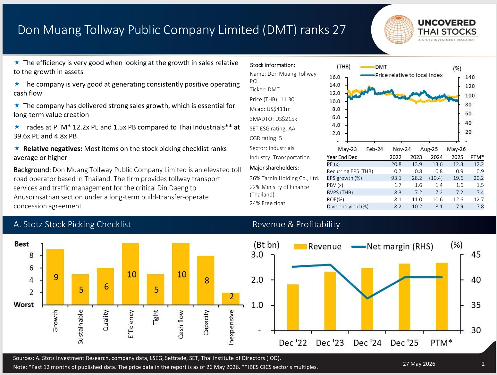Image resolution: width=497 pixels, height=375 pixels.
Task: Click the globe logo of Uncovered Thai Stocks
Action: pyautogui.click(x=399, y=29)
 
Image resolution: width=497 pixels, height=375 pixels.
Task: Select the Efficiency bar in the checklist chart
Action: pyautogui.click(x=131, y=274)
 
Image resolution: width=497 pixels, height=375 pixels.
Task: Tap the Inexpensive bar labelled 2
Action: pyautogui.click(x=231, y=298)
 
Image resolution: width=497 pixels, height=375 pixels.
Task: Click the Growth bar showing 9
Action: pyautogui.click(x=55, y=277)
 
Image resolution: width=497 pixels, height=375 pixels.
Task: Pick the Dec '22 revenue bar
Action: pyautogui.click(x=292, y=307)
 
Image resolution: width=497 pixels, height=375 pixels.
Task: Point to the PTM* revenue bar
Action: pyautogui.click(x=442, y=296)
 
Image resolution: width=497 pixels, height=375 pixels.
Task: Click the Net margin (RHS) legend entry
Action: pyautogui.click(x=392, y=246)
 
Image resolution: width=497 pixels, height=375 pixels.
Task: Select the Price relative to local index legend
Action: pyautogui.click(x=401, y=75)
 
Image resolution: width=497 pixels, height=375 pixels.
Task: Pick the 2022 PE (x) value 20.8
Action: pyautogui.click(x=396, y=164)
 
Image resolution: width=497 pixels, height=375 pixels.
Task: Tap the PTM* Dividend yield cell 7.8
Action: pyautogui.click(x=480, y=206)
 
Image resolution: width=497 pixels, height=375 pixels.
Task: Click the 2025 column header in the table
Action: pyautogui.click(x=457, y=157)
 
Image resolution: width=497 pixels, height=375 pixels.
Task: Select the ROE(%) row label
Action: pyautogui.click(x=335, y=199)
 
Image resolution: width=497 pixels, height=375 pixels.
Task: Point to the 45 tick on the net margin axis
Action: pyautogui.click(x=476, y=254)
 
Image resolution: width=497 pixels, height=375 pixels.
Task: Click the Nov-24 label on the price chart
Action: pyautogui.click(x=402, y=149)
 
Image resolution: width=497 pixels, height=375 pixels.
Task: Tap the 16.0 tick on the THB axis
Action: pyautogui.click(x=335, y=77)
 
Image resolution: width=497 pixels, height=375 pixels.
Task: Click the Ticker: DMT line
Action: pyautogui.click(x=265, y=89)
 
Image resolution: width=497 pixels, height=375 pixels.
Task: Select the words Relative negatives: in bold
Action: pyautogui.click(x=53, y=149)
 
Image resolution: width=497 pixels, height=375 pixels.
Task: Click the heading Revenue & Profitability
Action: pyautogui.click(x=296, y=224)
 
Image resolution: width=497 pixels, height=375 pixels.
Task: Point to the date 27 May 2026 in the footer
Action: pyautogui.click(x=419, y=364)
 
